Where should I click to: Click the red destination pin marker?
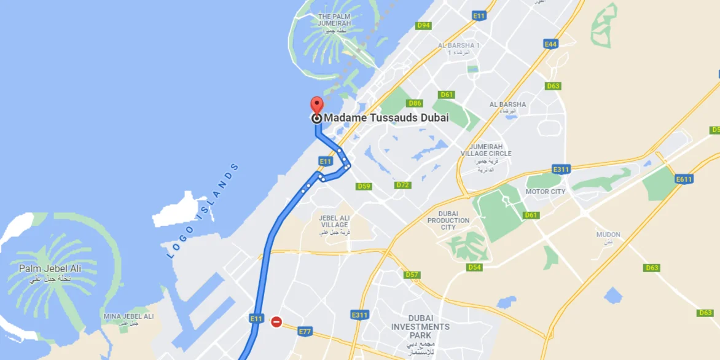[316, 104]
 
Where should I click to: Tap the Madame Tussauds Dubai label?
[386, 118]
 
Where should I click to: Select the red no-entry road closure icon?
[276, 321]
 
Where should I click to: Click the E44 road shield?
[550, 44]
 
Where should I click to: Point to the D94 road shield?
[423, 26]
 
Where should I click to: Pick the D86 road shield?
[415, 103]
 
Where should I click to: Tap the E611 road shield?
[684, 179]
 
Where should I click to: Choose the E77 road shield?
[305, 332]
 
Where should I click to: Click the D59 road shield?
[364, 186]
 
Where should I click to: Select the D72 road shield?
[403, 185]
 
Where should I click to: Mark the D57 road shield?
[412, 275]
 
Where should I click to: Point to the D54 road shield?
[474, 267]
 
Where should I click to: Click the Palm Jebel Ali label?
[50, 269]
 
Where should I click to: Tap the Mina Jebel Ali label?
[128, 317]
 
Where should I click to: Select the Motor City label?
[546, 192]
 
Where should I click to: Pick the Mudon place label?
[608, 235]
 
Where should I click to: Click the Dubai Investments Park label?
[420, 327]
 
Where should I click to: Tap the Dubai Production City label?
[448, 221]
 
